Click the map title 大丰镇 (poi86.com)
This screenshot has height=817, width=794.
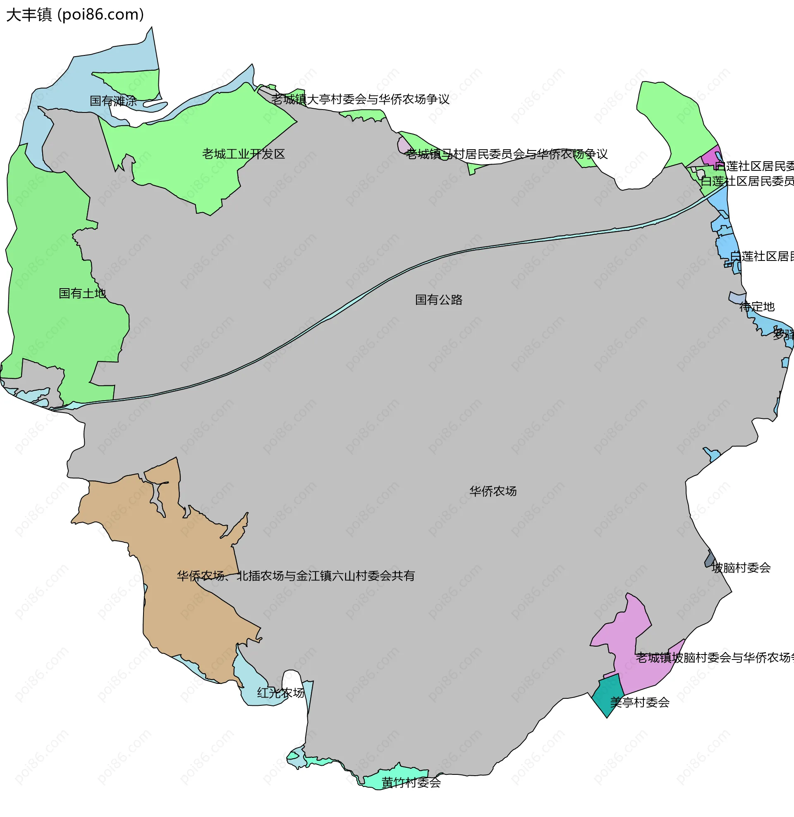click(75, 15)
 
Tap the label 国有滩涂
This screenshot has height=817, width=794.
click(113, 101)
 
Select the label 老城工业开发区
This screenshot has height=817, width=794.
click(244, 154)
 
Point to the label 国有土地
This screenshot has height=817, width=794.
click(82, 294)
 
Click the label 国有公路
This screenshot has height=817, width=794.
click(439, 300)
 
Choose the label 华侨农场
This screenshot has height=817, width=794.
click(493, 491)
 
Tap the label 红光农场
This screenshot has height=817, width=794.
click(281, 693)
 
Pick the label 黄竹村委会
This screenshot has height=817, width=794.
click(411, 782)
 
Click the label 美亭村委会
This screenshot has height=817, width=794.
click(640, 702)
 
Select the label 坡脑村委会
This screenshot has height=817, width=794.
click(741, 568)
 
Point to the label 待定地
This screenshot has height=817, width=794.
click(757, 307)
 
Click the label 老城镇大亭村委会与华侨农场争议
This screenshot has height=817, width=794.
click(360, 99)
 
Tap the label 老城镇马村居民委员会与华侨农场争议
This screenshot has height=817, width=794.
click(507, 154)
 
